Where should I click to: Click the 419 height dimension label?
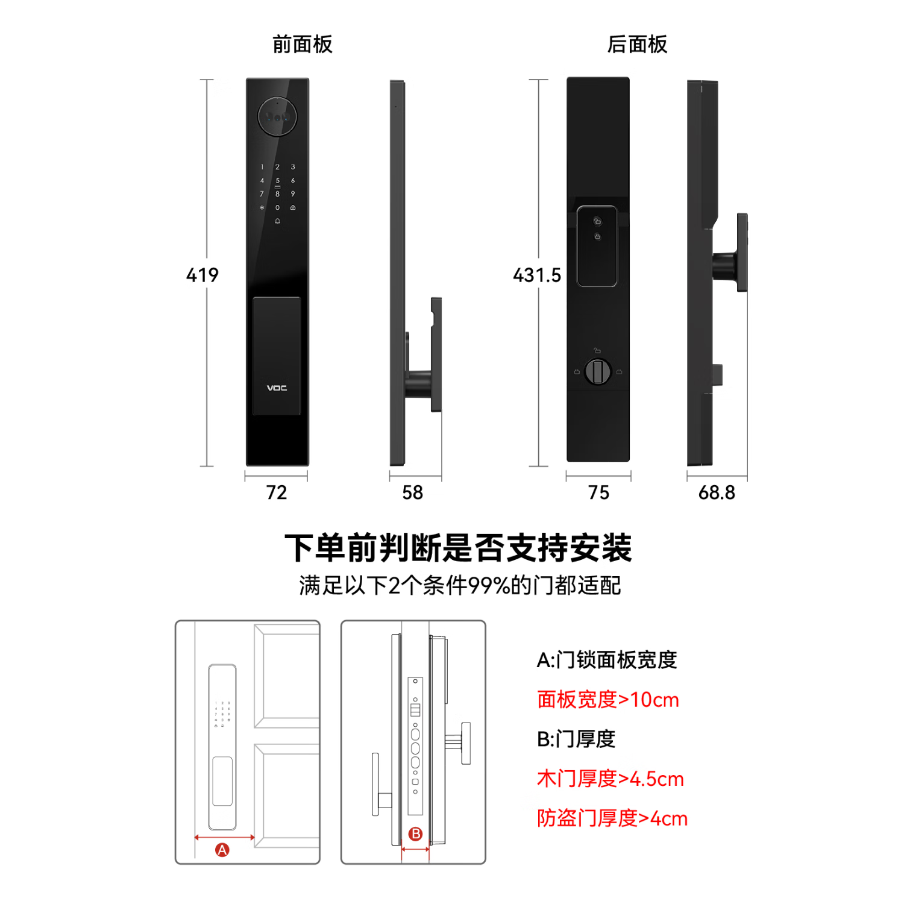pos(202,275)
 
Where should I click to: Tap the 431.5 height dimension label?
pos(536,275)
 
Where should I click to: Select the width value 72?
pos(277,492)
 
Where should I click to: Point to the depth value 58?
pos(413,492)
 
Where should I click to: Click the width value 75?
pos(598,492)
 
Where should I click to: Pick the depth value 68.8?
pos(717,492)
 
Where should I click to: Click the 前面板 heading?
pos(302,45)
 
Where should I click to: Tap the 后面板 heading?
pos(637,45)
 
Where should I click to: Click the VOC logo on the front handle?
pos(277,388)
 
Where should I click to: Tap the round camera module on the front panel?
pos(277,116)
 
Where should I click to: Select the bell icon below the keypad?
pos(277,221)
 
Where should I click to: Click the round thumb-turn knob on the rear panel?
pos(598,371)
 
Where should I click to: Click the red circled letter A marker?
pos(222,850)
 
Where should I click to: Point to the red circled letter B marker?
pos(415,834)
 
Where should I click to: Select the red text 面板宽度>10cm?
pos(607,700)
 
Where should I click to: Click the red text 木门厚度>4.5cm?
pos(610,779)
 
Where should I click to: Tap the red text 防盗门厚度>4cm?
pos(612,818)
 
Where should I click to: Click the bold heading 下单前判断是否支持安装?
pos(458,547)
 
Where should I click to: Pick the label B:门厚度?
pos(576,739)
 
